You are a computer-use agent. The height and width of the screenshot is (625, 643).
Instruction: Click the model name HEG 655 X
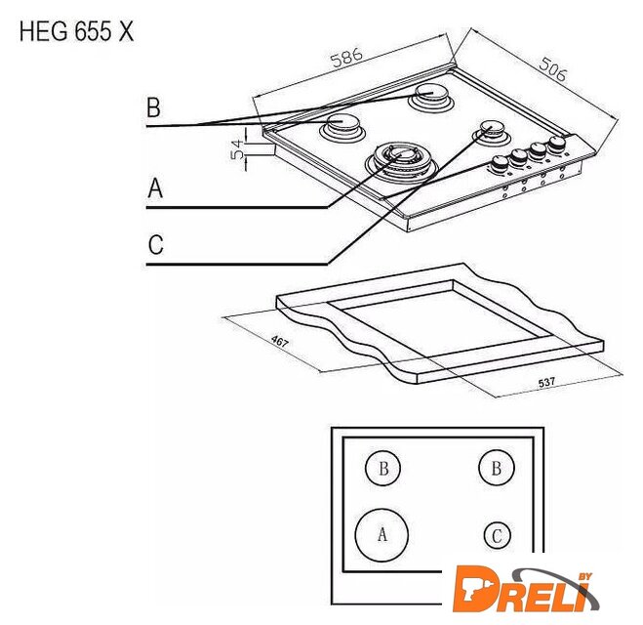click(77, 31)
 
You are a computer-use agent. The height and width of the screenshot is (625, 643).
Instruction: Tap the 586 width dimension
click(347, 58)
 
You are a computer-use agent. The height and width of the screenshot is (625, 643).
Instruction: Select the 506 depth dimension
click(553, 69)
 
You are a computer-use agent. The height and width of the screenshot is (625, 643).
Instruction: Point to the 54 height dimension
click(237, 149)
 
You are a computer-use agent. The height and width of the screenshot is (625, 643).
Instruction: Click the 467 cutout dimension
click(280, 341)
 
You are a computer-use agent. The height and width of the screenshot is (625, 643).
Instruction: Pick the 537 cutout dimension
click(546, 382)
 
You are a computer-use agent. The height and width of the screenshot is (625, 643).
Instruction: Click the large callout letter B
click(154, 107)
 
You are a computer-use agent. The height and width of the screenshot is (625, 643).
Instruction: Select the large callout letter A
click(155, 188)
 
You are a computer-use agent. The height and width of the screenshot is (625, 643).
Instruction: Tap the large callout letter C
click(156, 244)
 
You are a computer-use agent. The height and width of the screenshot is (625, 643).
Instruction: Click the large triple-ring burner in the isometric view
click(401, 162)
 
